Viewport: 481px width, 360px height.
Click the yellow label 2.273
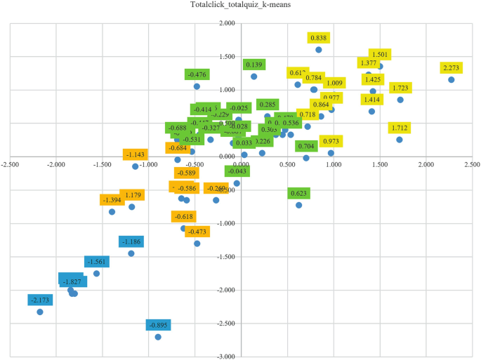(x=452, y=68)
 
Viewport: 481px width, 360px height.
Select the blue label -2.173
(x=40, y=300)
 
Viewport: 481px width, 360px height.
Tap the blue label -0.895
(x=158, y=324)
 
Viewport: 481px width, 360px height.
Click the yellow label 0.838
(x=319, y=38)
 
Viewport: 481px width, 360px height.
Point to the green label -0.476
(x=197, y=74)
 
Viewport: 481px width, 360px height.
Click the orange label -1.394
(x=112, y=200)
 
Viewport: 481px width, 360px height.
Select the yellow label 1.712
(x=400, y=128)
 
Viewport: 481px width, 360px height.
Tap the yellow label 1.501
(x=380, y=55)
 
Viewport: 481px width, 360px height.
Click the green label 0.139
(x=253, y=65)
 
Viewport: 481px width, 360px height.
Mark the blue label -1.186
(x=131, y=241)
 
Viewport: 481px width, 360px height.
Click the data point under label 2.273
(x=452, y=80)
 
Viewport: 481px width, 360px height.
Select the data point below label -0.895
(x=158, y=337)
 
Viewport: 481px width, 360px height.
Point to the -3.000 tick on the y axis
(x=227, y=356)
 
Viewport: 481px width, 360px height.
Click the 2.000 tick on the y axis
(x=227, y=23)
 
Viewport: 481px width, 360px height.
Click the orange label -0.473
(x=197, y=232)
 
